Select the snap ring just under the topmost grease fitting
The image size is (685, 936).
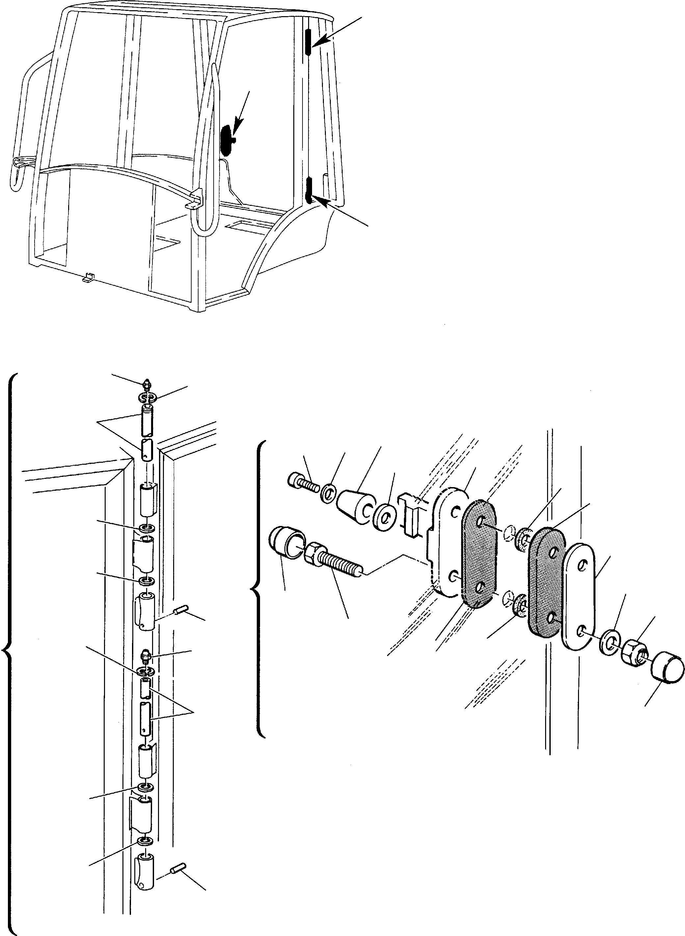(x=147, y=398)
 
